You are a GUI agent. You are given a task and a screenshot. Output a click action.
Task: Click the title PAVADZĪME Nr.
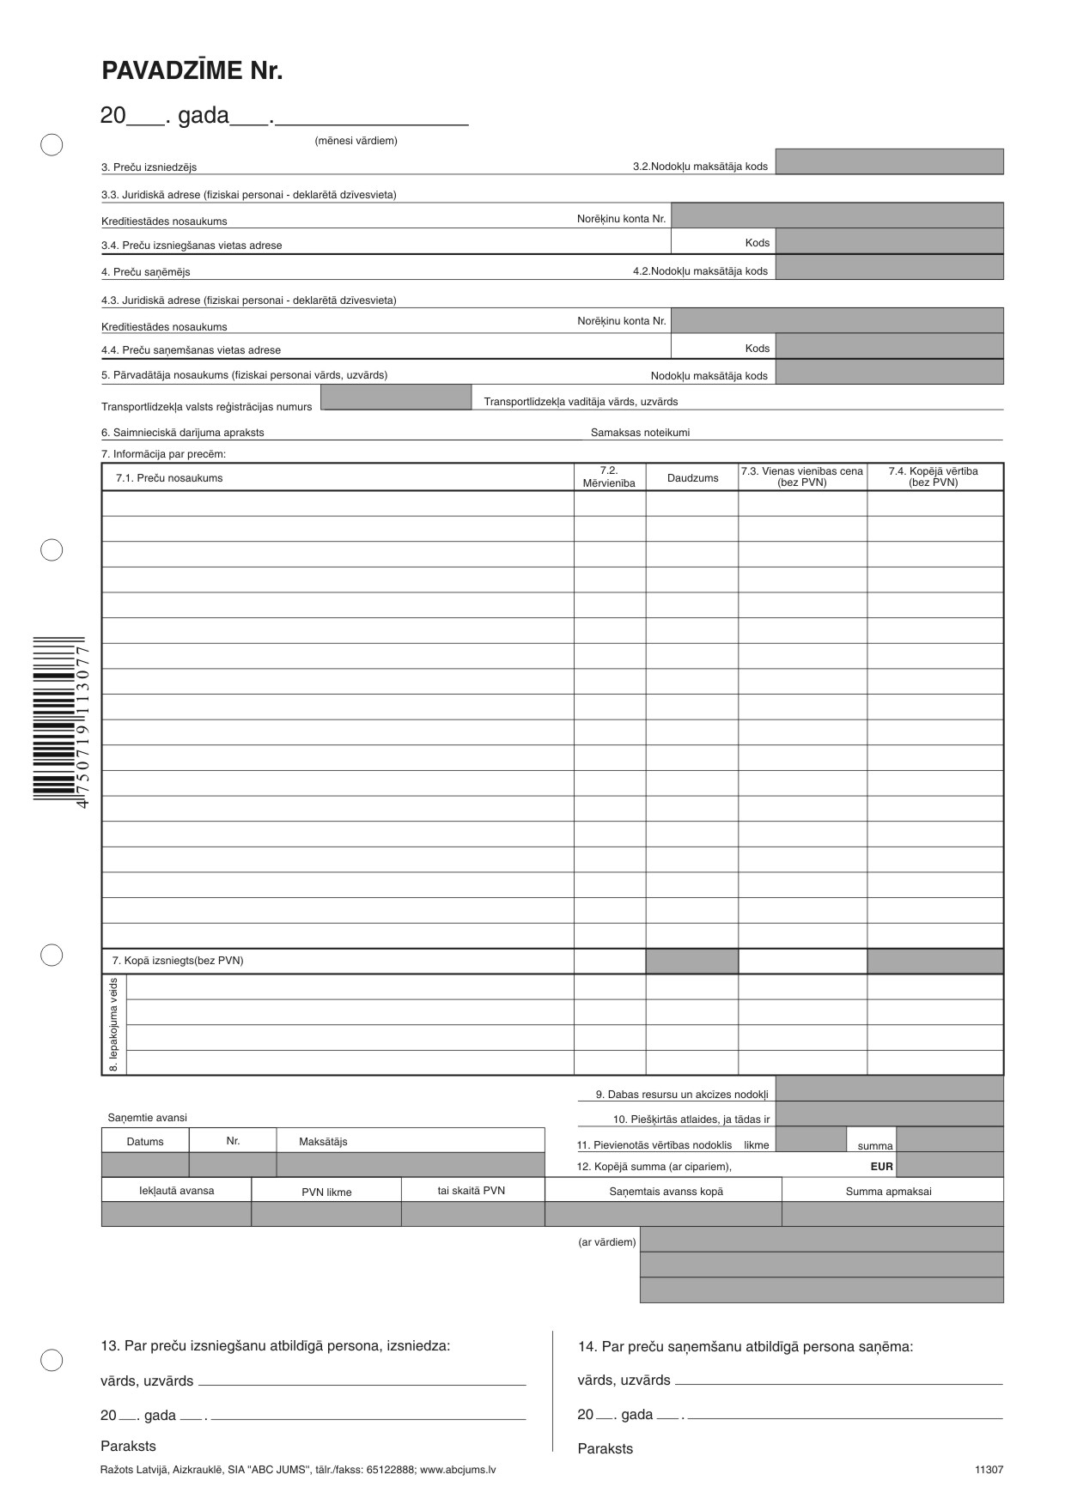coord(192,71)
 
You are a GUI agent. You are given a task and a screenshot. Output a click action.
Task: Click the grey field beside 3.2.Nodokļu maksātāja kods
coord(889,162)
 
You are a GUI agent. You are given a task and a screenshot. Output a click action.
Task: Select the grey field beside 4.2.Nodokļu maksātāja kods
coord(889,268)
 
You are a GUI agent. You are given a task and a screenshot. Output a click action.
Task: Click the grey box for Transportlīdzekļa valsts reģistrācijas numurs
coord(396,397)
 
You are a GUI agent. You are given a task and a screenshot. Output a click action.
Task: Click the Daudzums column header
coord(692,478)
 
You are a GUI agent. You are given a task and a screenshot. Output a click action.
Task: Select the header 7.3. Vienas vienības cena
coord(802,477)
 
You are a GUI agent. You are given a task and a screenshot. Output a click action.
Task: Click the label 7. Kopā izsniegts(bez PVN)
coord(178,961)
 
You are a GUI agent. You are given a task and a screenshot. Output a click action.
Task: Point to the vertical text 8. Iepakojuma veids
coord(113,1025)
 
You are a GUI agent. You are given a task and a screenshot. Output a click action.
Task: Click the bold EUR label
coord(881,1167)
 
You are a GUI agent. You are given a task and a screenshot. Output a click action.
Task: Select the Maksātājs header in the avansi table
coord(323,1142)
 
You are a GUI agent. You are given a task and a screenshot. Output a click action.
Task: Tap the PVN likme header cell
coord(326,1192)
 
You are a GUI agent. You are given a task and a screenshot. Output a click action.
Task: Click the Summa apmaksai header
coord(888,1192)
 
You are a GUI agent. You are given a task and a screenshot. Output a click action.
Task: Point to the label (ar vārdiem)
coord(607,1242)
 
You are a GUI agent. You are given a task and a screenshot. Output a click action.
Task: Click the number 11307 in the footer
coord(989,1470)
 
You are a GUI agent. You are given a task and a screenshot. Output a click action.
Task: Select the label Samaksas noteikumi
coord(640,433)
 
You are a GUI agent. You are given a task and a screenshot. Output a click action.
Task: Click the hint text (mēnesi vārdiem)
coord(356,141)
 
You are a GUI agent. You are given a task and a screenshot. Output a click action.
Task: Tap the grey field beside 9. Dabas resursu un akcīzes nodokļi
coord(889,1089)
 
